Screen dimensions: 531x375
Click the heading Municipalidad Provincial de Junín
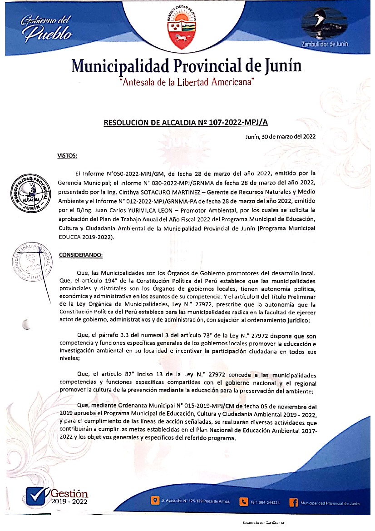tap(187, 66)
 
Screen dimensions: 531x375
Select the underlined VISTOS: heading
tap(68, 156)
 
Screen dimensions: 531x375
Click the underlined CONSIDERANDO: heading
tap(81, 255)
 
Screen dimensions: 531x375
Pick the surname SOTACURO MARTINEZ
tap(171, 192)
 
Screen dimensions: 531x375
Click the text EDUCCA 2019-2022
tap(87, 238)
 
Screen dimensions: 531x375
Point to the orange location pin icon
tap(155, 502)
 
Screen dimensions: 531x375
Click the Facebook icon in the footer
tap(293, 502)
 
